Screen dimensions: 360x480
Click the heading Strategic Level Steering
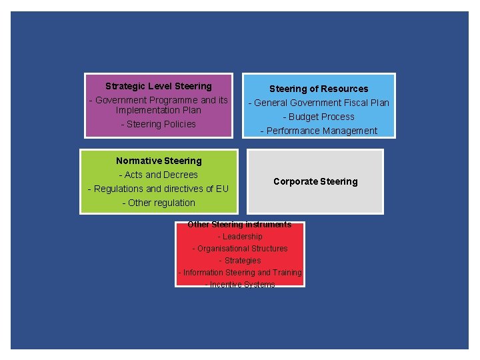(x=159, y=86)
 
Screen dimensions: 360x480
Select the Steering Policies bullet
(x=159, y=124)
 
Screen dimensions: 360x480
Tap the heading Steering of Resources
(x=319, y=89)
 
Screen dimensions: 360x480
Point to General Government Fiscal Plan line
(x=319, y=103)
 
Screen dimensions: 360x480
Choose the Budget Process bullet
(x=319, y=117)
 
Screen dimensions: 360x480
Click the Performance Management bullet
(x=319, y=131)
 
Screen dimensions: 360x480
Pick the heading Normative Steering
(x=159, y=161)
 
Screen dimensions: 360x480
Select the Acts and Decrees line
(x=159, y=175)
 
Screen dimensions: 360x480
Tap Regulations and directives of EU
(x=159, y=189)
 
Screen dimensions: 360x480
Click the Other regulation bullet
(x=159, y=203)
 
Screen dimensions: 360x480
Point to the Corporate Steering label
(x=315, y=181)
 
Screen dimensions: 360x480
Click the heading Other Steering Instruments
(x=239, y=225)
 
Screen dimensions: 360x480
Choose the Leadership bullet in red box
(x=240, y=237)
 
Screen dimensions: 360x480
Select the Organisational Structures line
(x=240, y=249)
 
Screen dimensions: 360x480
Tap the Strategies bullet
(x=240, y=261)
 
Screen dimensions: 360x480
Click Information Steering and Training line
(x=240, y=273)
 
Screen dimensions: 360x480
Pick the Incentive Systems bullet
(x=240, y=285)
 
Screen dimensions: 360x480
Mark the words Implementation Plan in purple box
(x=159, y=110)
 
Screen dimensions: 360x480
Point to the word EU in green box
(x=221, y=189)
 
